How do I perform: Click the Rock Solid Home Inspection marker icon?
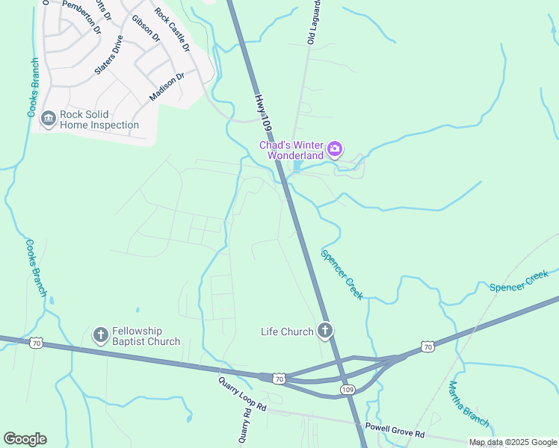tap(49, 119)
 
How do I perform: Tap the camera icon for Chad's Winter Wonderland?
tap(335, 149)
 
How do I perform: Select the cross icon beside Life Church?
tap(324, 330)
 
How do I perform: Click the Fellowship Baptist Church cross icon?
tap(101, 336)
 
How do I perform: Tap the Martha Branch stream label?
tap(468, 404)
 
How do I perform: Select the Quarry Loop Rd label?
tap(242, 394)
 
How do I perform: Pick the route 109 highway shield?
tap(348, 390)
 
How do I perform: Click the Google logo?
tap(25, 439)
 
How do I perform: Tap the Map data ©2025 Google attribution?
tap(512, 442)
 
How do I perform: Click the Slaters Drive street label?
tap(108, 55)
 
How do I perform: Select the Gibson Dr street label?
tap(146, 27)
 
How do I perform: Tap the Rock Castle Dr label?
tap(173, 29)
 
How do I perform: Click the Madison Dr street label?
tap(167, 87)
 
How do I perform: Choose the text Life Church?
tap(287, 332)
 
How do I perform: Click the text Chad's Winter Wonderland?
tap(291, 150)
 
